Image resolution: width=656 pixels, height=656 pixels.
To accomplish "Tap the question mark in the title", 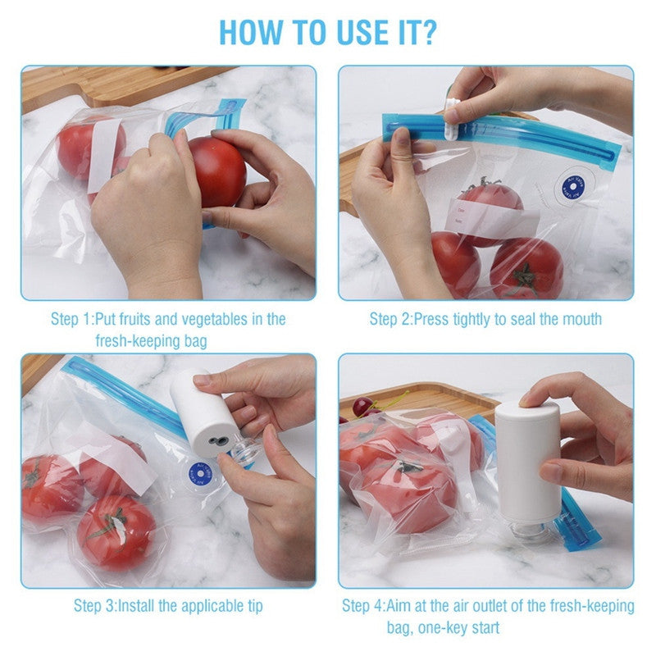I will (428, 30).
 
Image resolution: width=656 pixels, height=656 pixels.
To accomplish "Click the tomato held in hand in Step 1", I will (216, 171).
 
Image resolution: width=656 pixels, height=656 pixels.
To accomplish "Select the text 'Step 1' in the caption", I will (71, 318).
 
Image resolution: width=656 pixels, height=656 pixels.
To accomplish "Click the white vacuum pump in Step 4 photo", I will (526, 462).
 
